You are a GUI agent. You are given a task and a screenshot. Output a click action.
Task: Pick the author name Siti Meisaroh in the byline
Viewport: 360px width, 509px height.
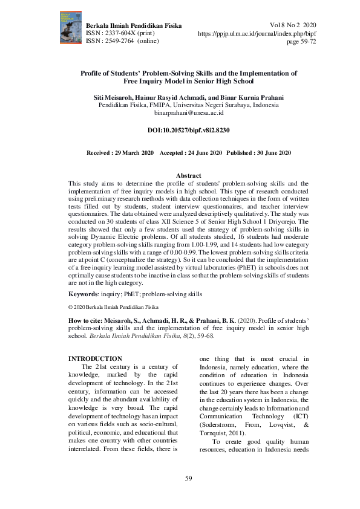click(x=118, y=97)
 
